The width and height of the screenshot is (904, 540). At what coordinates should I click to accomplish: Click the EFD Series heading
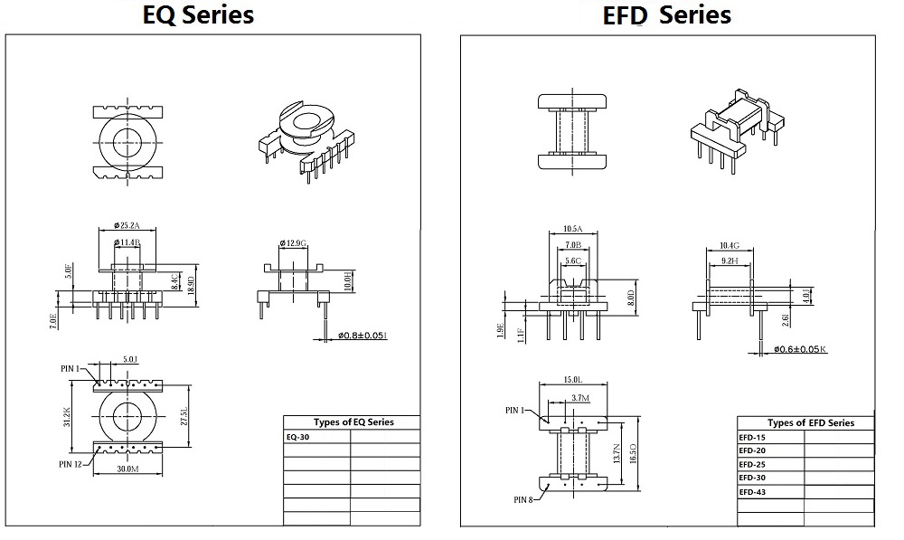pyautogui.click(x=667, y=15)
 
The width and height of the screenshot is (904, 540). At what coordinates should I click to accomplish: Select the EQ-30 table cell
pyautogui.click(x=298, y=436)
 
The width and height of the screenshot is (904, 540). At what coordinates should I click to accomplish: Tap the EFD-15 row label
pyautogui.click(x=751, y=437)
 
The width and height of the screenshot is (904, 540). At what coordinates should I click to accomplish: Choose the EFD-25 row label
pyautogui.click(x=751, y=464)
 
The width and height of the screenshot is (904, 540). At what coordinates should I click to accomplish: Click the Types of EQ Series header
pyautogui.click(x=353, y=422)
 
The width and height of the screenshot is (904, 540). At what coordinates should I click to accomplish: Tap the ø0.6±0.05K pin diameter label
pyautogui.click(x=799, y=348)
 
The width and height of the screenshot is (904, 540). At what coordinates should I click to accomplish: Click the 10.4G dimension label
pyautogui.click(x=729, y=245)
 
